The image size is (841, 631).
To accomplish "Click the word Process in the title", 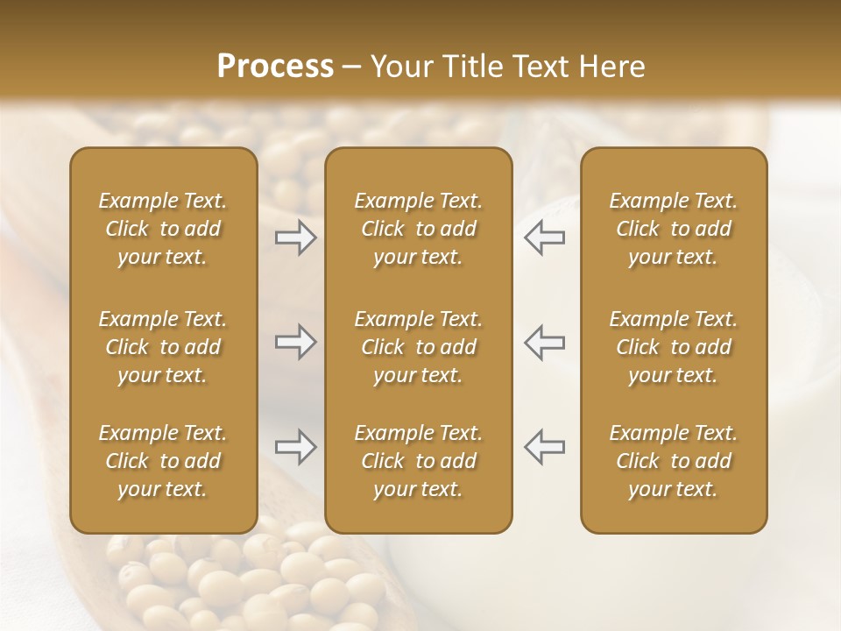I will click(x=275, y=67).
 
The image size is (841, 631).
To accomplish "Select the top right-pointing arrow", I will click(x=296, y=238).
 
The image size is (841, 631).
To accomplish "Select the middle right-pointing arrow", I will click(x=296, y=342).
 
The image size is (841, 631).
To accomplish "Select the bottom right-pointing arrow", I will click(x=296, y=447).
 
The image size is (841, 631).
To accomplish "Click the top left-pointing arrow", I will click(x=544, y=238).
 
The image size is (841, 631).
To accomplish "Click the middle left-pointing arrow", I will click(x=544, y=342).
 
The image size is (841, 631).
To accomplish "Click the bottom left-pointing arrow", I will click(x=544, y=447).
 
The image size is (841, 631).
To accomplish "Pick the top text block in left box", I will click(x=163, y=229).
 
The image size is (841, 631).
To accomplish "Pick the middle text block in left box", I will click(x=163, y=347).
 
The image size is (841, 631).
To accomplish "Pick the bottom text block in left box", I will click(x=163, y=461).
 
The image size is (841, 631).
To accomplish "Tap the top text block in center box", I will click(x=419, y=229).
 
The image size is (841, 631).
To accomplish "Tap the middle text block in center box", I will click(x=419, y=347).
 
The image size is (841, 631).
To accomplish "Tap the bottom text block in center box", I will click(x=419, y=461).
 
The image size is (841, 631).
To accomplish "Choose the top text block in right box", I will click(x=674, y=229).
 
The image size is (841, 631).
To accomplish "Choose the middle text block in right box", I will click(x=674, y=347).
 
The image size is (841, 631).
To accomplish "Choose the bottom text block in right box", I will click(x=674, y=461).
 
